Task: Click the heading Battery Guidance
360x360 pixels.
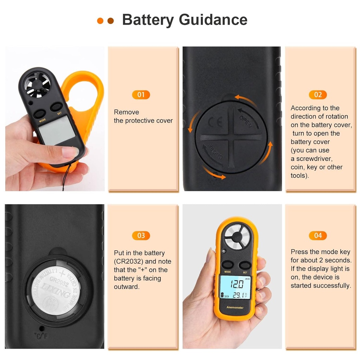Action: click(x=185, y=20)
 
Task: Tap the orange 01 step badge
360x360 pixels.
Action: click(x=141, y=95)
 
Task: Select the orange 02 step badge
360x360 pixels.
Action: click(x=318, y=95)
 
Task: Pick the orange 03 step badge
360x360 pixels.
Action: click(x=141, y=236)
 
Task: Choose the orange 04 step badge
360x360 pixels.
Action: click(x=318, y=236)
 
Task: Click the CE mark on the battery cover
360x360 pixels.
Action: click(x=215, y=122)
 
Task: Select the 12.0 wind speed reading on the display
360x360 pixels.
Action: click(x=237, y=283)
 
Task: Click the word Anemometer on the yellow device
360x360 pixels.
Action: click(x=235, y=308)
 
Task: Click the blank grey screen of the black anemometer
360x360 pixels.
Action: click(x=57, y=130)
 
